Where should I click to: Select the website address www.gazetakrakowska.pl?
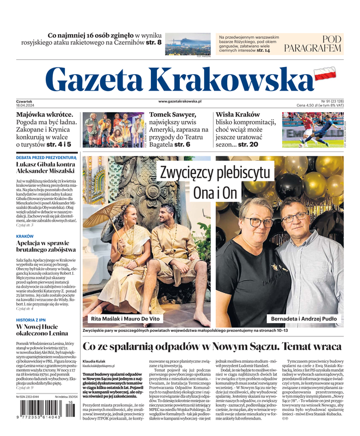[180, 101]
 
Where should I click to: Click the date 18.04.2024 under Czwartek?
[25, 105]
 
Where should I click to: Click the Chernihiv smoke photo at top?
[187, 44]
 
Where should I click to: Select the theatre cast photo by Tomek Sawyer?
[113, 129]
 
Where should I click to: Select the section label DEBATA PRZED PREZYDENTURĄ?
[46, 158]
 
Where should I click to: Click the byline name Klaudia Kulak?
[94, 361]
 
